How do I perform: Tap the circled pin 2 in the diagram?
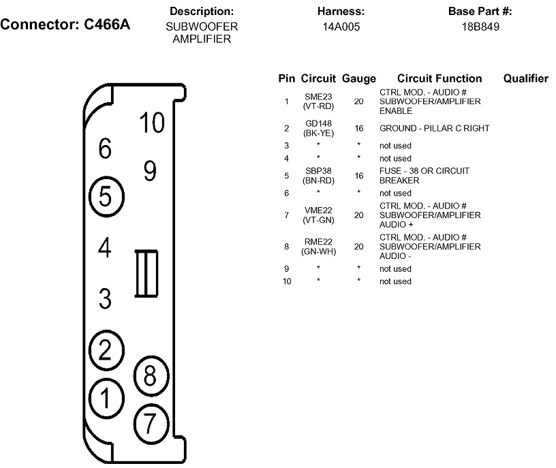tap(105, 349)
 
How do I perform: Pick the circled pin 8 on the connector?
tap(151, 375)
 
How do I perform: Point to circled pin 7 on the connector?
tap(151, 423)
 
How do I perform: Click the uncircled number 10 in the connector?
tap(152, 123)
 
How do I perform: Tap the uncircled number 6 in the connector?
tap(105, 149)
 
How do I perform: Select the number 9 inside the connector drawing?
tap(150, 170)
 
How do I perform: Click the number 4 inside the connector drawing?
tap(104, 247)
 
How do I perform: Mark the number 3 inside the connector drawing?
tap(105, 298)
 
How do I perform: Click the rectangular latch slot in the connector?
tap(146, 273)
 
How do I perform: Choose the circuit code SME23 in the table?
tap(318, 97)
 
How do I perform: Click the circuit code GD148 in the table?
tap(318, 123)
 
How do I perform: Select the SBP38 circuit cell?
tap(318, 171)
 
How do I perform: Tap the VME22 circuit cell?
tap(318, 210)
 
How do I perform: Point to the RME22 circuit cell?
tap(318, 241)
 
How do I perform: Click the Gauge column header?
tap(359, 78)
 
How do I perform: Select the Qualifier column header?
tap(525, 78)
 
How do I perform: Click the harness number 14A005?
tap(341, 27)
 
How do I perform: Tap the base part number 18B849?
tap(480, 27)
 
